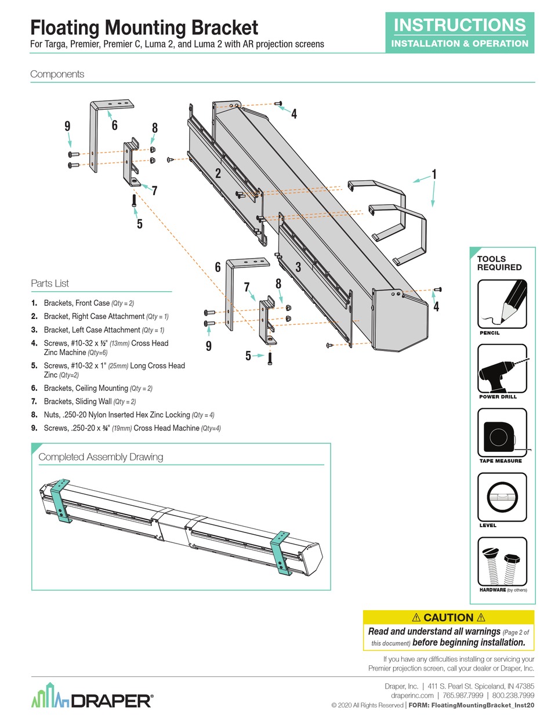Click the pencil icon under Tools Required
pyautogui.click(x=502, y=304)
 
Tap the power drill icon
pyautogui.click(x=502, y=369)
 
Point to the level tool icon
pyautogui.click(x=502, y=497)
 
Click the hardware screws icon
pyautogui.click(x=502, y=561)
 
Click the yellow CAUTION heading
pyautogui.click(x=448, y=618)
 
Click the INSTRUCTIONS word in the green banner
pyautogui.click(x=460, y=25)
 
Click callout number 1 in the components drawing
pyautogui.click(x=433, y=174)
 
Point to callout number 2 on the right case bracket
pyautogui.click(x=217, y=172)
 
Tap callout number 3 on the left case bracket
pyautogui.click(x=298, y=267)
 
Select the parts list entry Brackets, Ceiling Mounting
pyautogui.click(x=98, y=388)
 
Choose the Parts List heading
pyautogui.click(x=50, y=284)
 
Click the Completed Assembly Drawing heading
pyautogui.click(x=100, y=457)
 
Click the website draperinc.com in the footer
pyautogui.click(x=412, y=695)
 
